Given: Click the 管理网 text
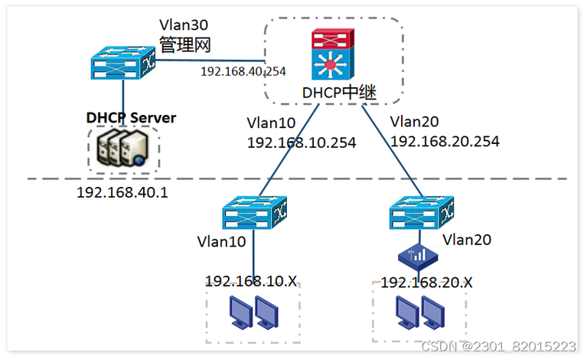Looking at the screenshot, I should (x=184, y=44).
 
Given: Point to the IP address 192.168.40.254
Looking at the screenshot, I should (x=243, y=71).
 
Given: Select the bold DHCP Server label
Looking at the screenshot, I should (x=131, y=118).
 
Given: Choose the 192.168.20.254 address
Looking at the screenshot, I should (x=445, y=141).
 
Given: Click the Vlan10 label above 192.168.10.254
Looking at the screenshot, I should (x=272, y=123).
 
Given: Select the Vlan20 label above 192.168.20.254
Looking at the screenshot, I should (x=414, y=121).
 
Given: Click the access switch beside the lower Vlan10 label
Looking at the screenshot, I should (x=254, y=214).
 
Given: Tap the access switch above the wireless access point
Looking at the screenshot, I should (x=419, y=212).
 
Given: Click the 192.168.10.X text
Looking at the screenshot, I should (x=250, y=280).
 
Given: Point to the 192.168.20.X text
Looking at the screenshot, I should (x=426, y=283).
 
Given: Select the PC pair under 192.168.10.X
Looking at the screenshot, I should (x=254, y=312).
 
